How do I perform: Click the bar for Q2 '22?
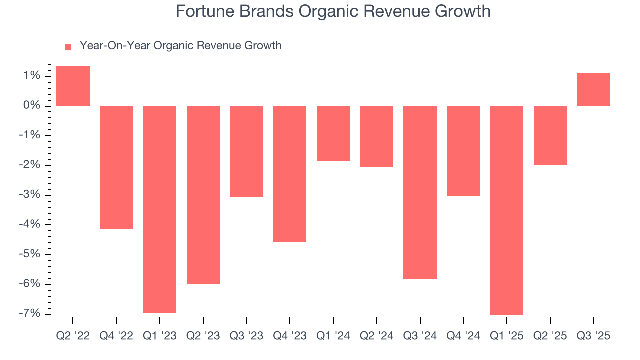pyautogui.click(x=73, y=86)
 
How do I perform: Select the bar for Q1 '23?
pyautogui.click(x=159, y=209)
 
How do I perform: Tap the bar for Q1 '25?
pyautogui.click(x=506, y=210)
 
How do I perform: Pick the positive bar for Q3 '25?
pyautogui.click(x=593, y=90)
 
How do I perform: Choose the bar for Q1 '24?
pyautogui.click(x=333, y=134)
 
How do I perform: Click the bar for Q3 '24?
pyautogui.click(x=420, y=192)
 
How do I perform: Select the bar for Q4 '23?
pyautogui.click(x=289, y=174)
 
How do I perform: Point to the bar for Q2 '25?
pyautogui.click(x=550, y=135)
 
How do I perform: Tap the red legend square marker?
pyautogui.click(x=68, y=47)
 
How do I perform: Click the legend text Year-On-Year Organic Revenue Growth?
pyautogui.click(x=180, y=46)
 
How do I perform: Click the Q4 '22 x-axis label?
pyautogui.click(x=116, y=336)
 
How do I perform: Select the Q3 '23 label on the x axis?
pyautogui.click(x=246, y=336)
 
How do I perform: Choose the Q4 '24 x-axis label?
pyautogui.click(x=463, y=336)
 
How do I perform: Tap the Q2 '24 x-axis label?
pyautogui.click(x=376, y=336)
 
